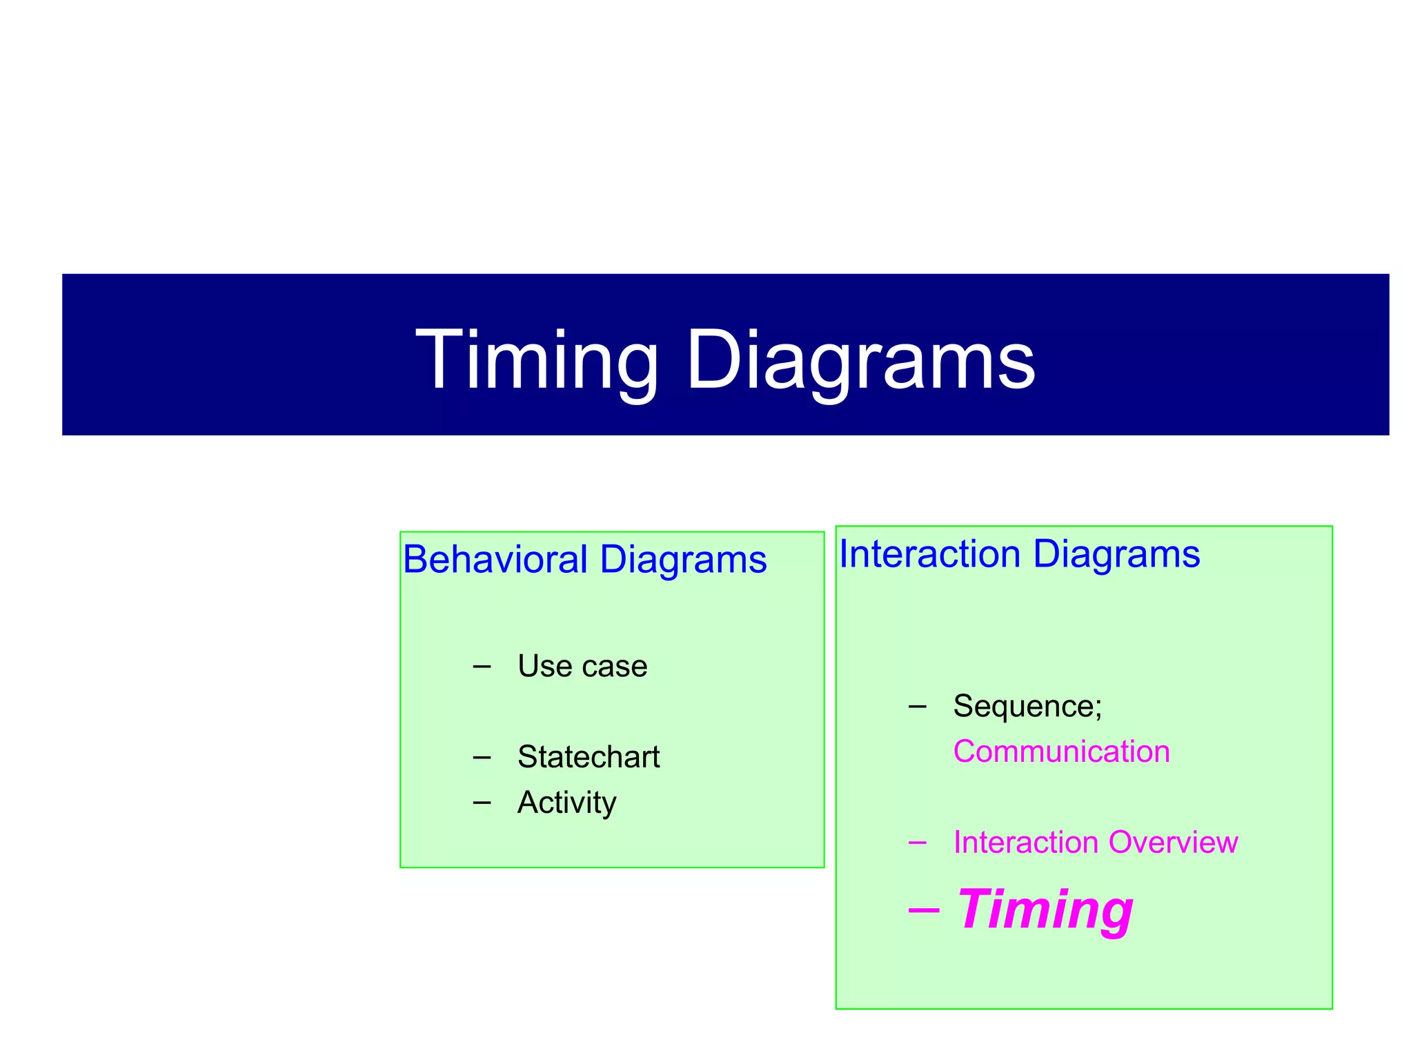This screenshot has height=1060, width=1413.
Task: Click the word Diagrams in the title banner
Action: click(x=860, y=362)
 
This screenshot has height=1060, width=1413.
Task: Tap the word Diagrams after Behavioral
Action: click(x=683, y=559)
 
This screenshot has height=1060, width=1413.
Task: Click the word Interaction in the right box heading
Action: click(x=929, y=553)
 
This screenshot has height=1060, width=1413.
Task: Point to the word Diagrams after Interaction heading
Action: click(x=1116, y=553)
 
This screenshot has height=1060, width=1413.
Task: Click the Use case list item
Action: click(x=582, y=666)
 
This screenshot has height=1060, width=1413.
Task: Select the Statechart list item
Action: click(x=589, y=757)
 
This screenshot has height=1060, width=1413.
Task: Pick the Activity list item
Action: click(x=566, y=802)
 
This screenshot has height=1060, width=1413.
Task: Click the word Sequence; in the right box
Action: click(x=1027, y=706)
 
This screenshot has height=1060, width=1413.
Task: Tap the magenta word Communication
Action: click(x=1061, y=752)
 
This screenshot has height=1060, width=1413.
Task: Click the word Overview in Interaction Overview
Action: click(x=1173, y=843)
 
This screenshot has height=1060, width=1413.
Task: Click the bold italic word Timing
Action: click(x=1045, y=910)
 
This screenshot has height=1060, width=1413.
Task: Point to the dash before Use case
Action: click(x=482, y=667)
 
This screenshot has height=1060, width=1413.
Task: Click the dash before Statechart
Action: click(x=482, y=758)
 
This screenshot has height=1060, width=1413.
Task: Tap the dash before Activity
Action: click(x=482, y=803)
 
